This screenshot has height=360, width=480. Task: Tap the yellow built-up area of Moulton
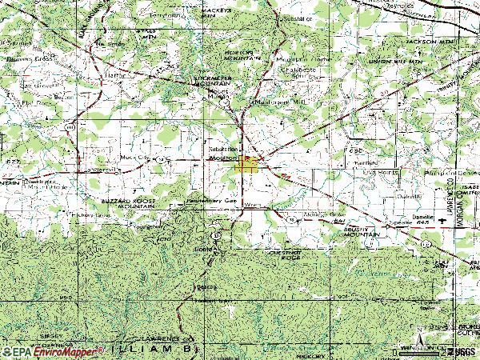point(247,165)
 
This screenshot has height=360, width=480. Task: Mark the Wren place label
point(253,206)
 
